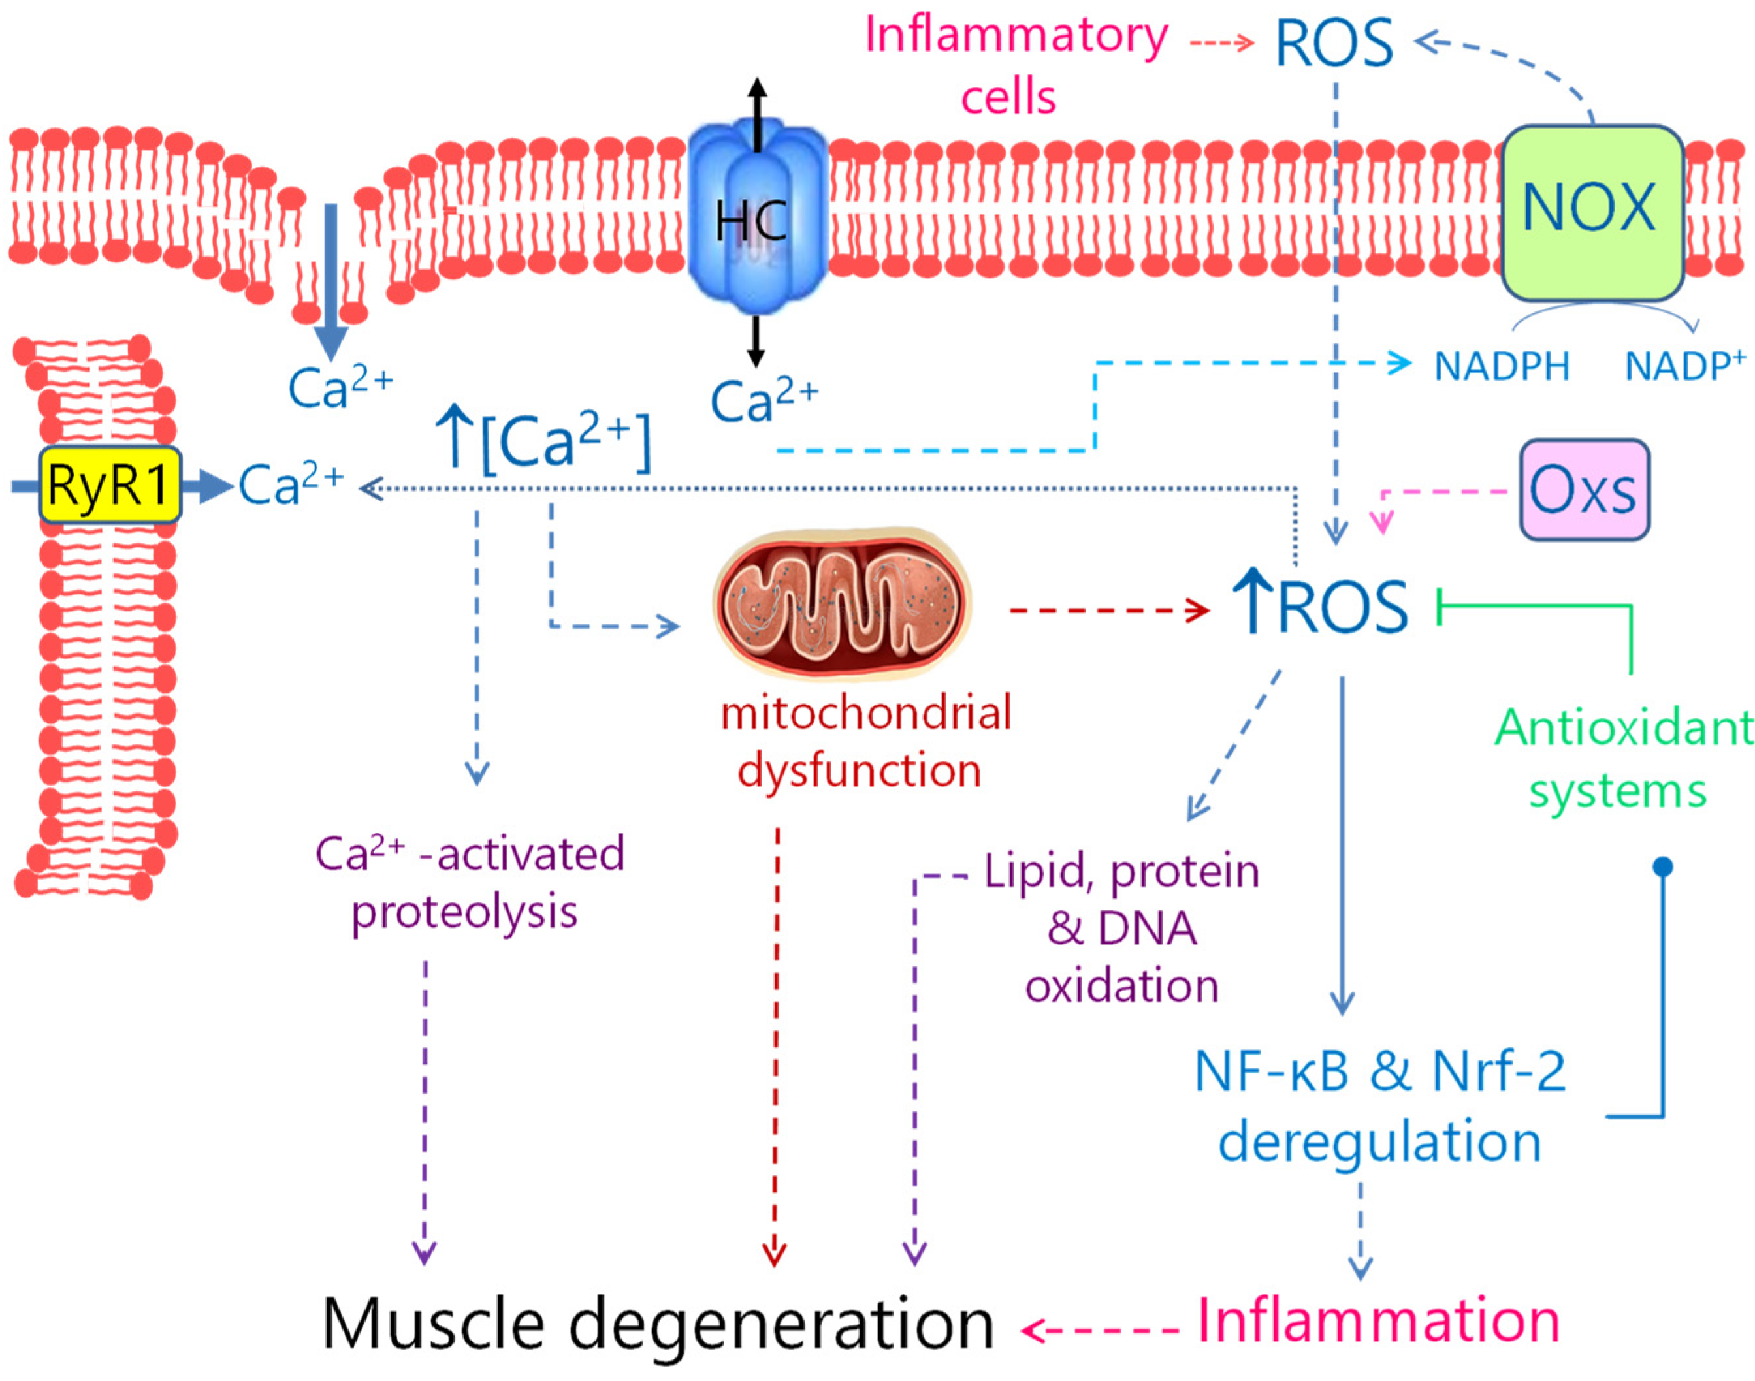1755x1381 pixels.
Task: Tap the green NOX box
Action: pos(1590,212)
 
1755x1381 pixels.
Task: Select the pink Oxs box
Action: pos(1583,489)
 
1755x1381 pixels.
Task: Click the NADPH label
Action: pos(1501,366)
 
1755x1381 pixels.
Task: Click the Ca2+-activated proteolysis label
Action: pos(469,882)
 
